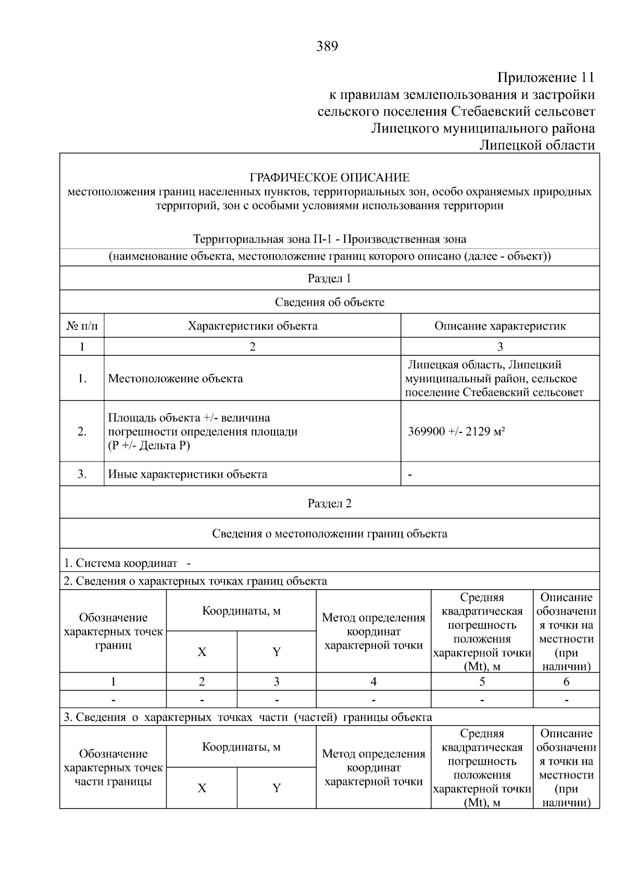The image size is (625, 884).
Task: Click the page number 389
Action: [327, 47]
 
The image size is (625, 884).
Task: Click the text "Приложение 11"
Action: [545, 78]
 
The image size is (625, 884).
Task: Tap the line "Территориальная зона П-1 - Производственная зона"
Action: [329, 239]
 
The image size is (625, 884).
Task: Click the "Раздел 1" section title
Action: [329, 278]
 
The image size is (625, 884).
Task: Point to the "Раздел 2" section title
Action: [329, 503]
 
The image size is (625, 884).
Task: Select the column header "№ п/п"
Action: [82, 326]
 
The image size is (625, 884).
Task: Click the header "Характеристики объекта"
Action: [253, 326]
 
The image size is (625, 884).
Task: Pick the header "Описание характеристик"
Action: [500, 326]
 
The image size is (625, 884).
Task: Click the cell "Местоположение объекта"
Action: [176, 379]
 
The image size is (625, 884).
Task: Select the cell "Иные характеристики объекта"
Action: [187, 474]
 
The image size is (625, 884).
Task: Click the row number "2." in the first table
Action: [82, 431]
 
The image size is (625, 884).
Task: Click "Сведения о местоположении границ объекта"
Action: [329, 533]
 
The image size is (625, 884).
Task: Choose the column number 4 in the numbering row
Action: [373, 681]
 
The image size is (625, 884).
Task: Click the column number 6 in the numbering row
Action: [566, 681]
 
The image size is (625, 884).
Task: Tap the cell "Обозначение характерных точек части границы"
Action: [113, 767]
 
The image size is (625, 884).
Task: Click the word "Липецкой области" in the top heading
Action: [536, 145]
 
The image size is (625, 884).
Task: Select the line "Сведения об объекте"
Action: [329, 302]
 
